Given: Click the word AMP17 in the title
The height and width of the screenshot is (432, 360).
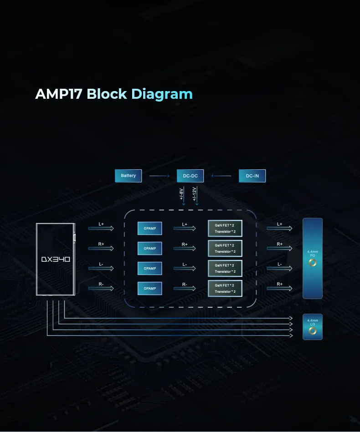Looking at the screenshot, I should (58, 94).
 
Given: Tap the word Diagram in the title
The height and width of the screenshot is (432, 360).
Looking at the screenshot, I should (162, 94).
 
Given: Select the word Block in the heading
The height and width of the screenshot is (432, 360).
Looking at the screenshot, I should (107, 94).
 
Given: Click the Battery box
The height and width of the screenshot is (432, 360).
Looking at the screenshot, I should (129, 176).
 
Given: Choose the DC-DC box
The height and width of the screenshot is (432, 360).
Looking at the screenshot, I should (190, 176).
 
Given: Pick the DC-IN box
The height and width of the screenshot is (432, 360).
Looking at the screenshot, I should (252, 176).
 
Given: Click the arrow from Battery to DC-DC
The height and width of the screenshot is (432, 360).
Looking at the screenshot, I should (159, 176).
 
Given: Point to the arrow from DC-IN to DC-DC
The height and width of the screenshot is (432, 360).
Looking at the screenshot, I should (221, 176).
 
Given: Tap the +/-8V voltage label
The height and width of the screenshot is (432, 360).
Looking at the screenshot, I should (181, 193).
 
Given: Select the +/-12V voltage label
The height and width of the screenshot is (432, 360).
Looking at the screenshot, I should (195, 193).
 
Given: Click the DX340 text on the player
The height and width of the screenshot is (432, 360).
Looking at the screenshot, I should (56, 259).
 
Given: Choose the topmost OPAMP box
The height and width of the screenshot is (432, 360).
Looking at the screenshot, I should (150, 229).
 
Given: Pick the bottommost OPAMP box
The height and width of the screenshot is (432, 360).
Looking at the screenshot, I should (150, 289).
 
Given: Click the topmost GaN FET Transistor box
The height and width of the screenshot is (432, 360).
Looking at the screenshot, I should (225, 229).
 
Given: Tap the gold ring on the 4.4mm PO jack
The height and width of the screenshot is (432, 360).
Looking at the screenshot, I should (313, 263).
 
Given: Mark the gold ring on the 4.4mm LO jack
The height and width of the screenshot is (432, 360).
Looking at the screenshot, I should (313, 331).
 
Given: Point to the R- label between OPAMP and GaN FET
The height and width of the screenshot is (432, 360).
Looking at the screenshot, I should (185, 285).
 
